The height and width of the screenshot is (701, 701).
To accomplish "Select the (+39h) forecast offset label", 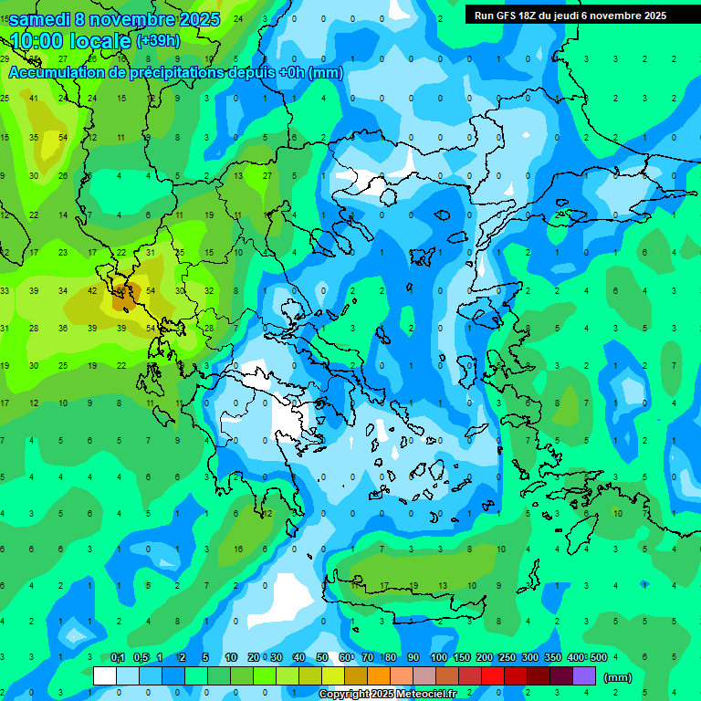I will tap(158, 40).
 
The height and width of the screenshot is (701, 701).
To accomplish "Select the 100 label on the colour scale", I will tap(438, 657).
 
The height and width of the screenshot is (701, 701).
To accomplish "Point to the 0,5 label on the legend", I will tap(141, 657).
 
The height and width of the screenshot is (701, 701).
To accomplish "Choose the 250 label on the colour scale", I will tap(507, 657).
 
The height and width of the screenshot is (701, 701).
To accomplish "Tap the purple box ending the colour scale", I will tap(584, 676).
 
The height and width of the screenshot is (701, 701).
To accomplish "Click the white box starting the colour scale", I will tap(105, 676).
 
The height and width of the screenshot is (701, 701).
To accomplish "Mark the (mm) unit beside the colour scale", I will tap(618, 677).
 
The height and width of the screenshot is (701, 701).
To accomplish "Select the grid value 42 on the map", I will tap(92, 291).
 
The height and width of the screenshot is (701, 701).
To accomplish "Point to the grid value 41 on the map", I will tap(34, 99).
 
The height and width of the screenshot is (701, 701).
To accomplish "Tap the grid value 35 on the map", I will tap(34, 138).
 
